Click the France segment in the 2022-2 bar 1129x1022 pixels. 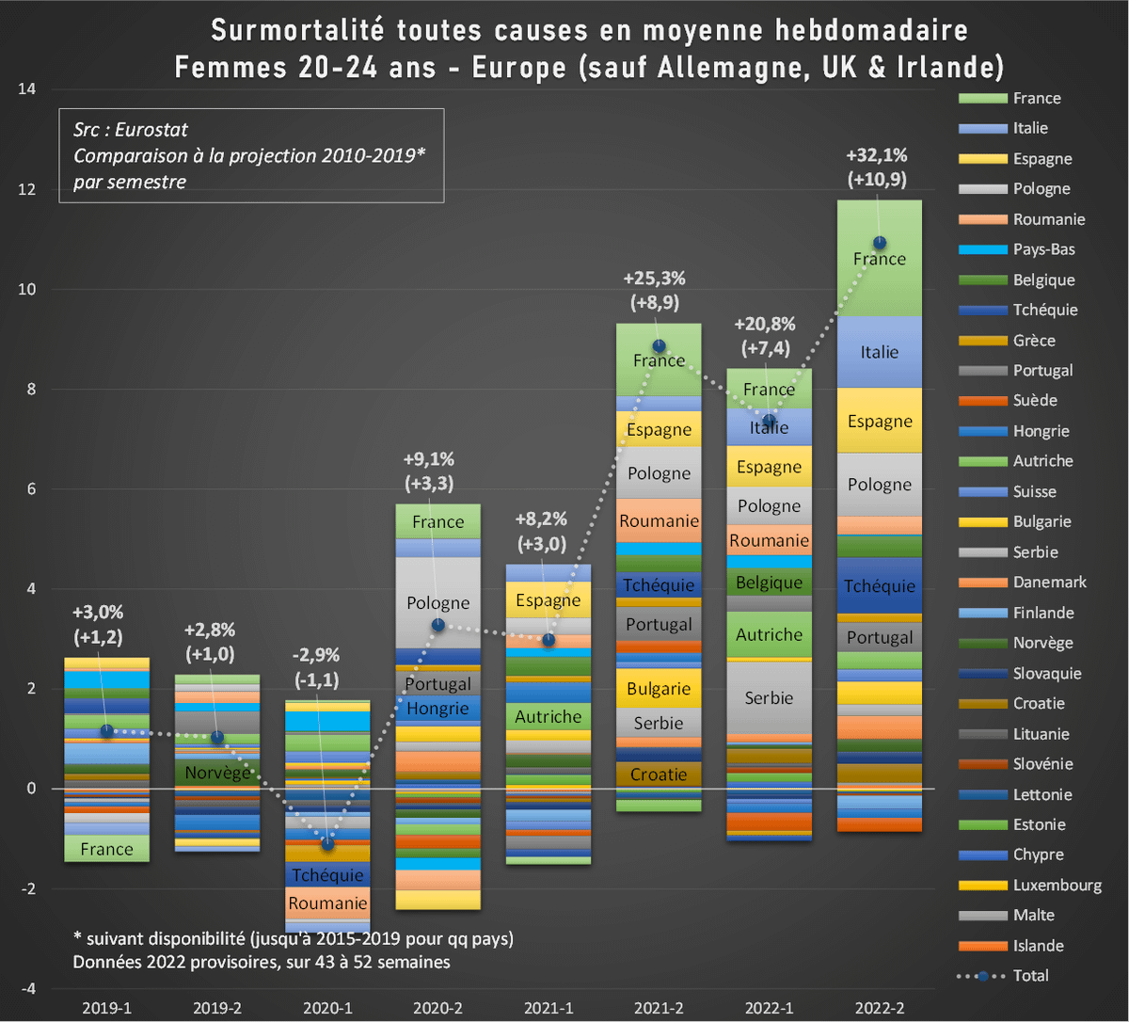click(879, 258)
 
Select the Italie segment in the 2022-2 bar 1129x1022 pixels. click(879, 352)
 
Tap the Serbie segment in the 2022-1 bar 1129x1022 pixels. click(769, 697)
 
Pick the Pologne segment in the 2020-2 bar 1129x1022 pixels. click(437, 602)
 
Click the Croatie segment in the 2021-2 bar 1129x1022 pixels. click(659, 774)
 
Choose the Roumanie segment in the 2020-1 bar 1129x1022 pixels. click(327, 903)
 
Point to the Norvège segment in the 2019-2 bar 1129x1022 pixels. click(217, 773)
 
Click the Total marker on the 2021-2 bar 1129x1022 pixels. click(659, 346)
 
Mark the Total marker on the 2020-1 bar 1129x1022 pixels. click(327, 843)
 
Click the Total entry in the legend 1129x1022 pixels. click(1030, 976)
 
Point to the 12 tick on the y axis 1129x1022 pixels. click(29, 189)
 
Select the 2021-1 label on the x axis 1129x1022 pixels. click(548, 1008)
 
